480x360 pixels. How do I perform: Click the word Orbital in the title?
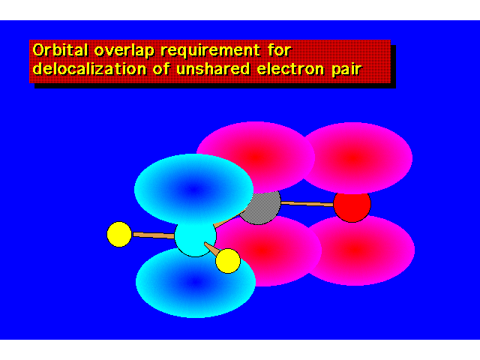point(60,50)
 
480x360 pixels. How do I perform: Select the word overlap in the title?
point(124,51)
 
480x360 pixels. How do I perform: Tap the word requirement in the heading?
point(210,51)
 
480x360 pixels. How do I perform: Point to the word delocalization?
point(89,68)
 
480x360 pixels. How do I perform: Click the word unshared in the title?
point(213,68)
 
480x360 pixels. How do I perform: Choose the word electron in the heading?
point(290,69)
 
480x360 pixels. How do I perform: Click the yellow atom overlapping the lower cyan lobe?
point(228,261)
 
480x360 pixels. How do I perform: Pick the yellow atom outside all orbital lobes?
point(119,234)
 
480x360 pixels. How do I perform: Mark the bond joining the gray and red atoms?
point(307,203)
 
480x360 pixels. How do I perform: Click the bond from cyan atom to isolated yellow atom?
point(153,235)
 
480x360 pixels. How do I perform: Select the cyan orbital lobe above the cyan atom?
point(193,190)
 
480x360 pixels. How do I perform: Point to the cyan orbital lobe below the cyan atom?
point(195,282)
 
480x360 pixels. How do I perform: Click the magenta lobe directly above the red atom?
point(355,158)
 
